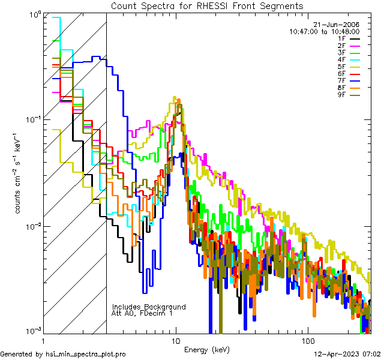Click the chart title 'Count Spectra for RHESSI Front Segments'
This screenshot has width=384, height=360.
[x=207, y=6]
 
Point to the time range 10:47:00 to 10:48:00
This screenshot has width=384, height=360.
[x=324, y=31]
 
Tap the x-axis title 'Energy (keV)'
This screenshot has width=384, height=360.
[x=206, y=349]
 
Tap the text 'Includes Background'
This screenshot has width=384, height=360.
[x=149, y=307]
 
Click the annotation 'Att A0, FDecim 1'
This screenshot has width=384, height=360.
[x=142, y=313]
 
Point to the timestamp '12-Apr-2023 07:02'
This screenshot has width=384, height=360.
[x=347, y=354]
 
